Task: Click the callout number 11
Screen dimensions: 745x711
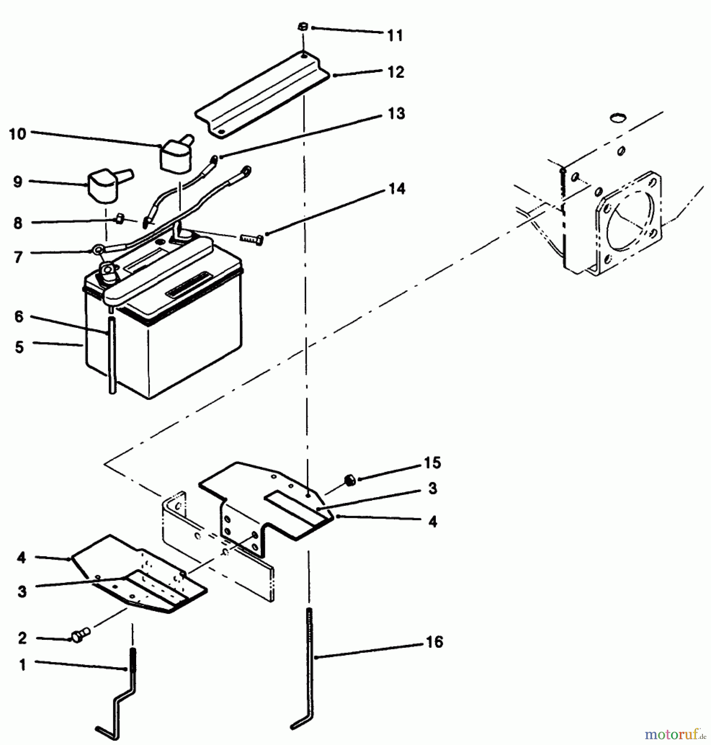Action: pos(395,36)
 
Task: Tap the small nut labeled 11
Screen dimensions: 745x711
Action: pos(302,27)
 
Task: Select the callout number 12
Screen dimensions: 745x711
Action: pos(395,72)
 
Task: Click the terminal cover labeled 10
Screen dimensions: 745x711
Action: pos(176,157)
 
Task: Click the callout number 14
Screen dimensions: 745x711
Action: pos(396,189)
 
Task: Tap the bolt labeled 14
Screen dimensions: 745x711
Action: pos(251,240)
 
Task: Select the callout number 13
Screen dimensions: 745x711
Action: pos(396,113)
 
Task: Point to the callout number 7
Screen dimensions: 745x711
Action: pos(18,257)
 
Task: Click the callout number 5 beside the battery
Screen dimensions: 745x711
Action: pos(19,347)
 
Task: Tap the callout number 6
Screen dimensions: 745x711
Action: pos(19,317)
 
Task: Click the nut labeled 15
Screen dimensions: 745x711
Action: pos(350,481)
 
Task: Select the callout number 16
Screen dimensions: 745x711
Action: pos(434,642)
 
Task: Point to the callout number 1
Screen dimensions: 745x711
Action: pos(22,665)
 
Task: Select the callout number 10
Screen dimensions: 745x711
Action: pos(17,134)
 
